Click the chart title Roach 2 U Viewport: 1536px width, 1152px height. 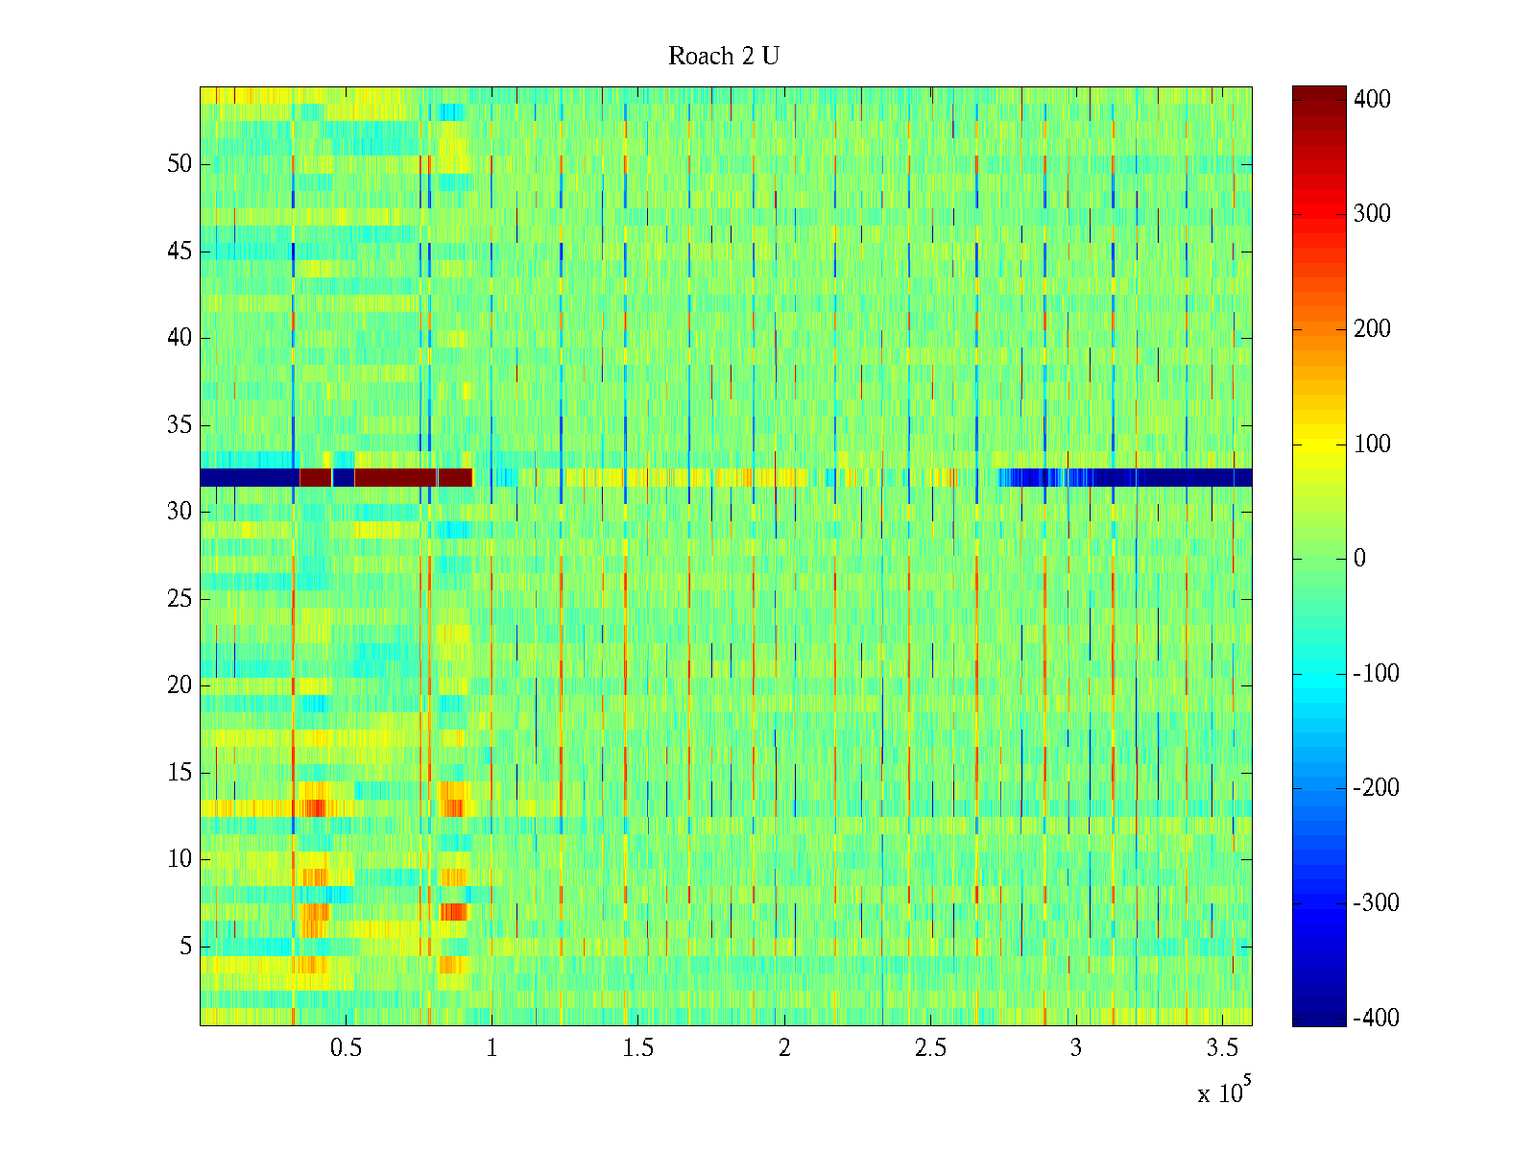724,57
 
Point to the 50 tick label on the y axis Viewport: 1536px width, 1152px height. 180,164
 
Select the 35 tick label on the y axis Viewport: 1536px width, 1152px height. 180,425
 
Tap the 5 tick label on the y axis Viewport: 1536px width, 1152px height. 185,947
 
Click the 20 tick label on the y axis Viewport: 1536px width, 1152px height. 180,685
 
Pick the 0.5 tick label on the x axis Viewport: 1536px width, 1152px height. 346,1048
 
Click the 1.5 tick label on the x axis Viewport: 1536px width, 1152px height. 637,1048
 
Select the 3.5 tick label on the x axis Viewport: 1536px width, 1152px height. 1222,1048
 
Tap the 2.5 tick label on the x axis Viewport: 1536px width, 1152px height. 930,1048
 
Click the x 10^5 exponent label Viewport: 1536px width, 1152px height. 1223,1092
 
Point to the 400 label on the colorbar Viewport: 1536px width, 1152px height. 1372,99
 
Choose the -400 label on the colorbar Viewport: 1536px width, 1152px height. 1376,1019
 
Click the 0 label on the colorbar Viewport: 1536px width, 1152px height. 1359,559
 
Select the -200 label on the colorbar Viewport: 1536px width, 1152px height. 1376,788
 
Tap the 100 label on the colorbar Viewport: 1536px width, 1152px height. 1372,444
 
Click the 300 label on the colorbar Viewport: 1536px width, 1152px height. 1372,213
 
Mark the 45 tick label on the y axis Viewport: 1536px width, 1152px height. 180,252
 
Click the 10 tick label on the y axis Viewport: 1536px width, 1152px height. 180,859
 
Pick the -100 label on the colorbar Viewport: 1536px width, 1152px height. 1376,673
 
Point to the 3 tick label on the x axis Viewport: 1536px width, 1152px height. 1076,1048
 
